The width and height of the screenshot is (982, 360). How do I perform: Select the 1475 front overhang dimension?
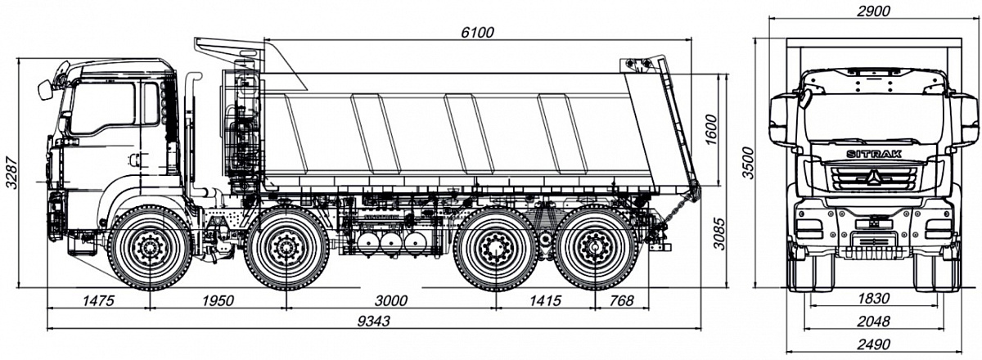(97, 301)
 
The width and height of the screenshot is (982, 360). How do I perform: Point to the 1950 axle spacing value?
(218, 301)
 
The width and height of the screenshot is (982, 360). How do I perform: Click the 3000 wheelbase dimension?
(390, 301)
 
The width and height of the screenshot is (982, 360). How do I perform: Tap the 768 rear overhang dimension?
(622, 301)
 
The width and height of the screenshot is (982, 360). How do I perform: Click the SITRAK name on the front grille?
(872, 155)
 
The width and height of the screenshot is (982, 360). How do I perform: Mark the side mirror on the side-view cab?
(45, 89)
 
